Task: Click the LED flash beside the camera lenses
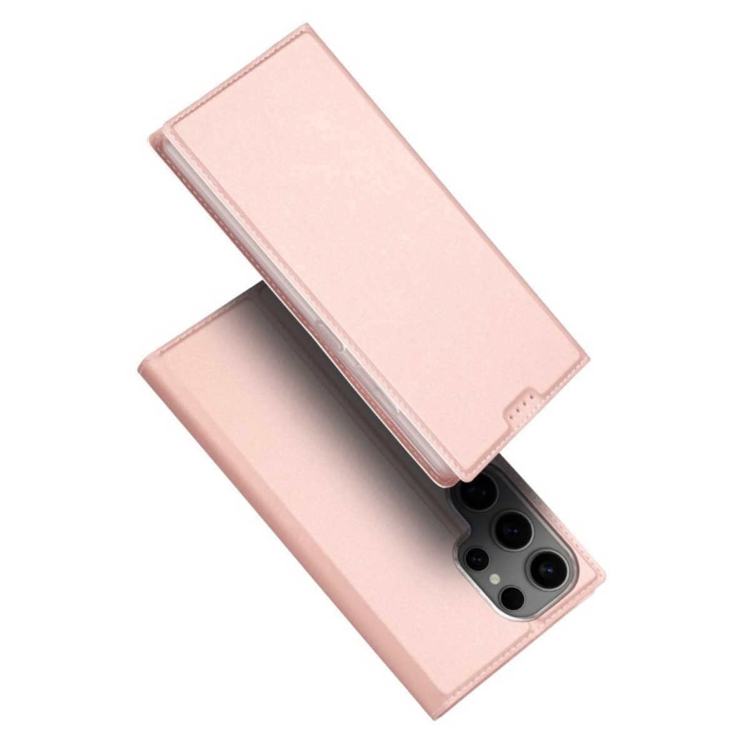pyautogui.click(x=495, y=579)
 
